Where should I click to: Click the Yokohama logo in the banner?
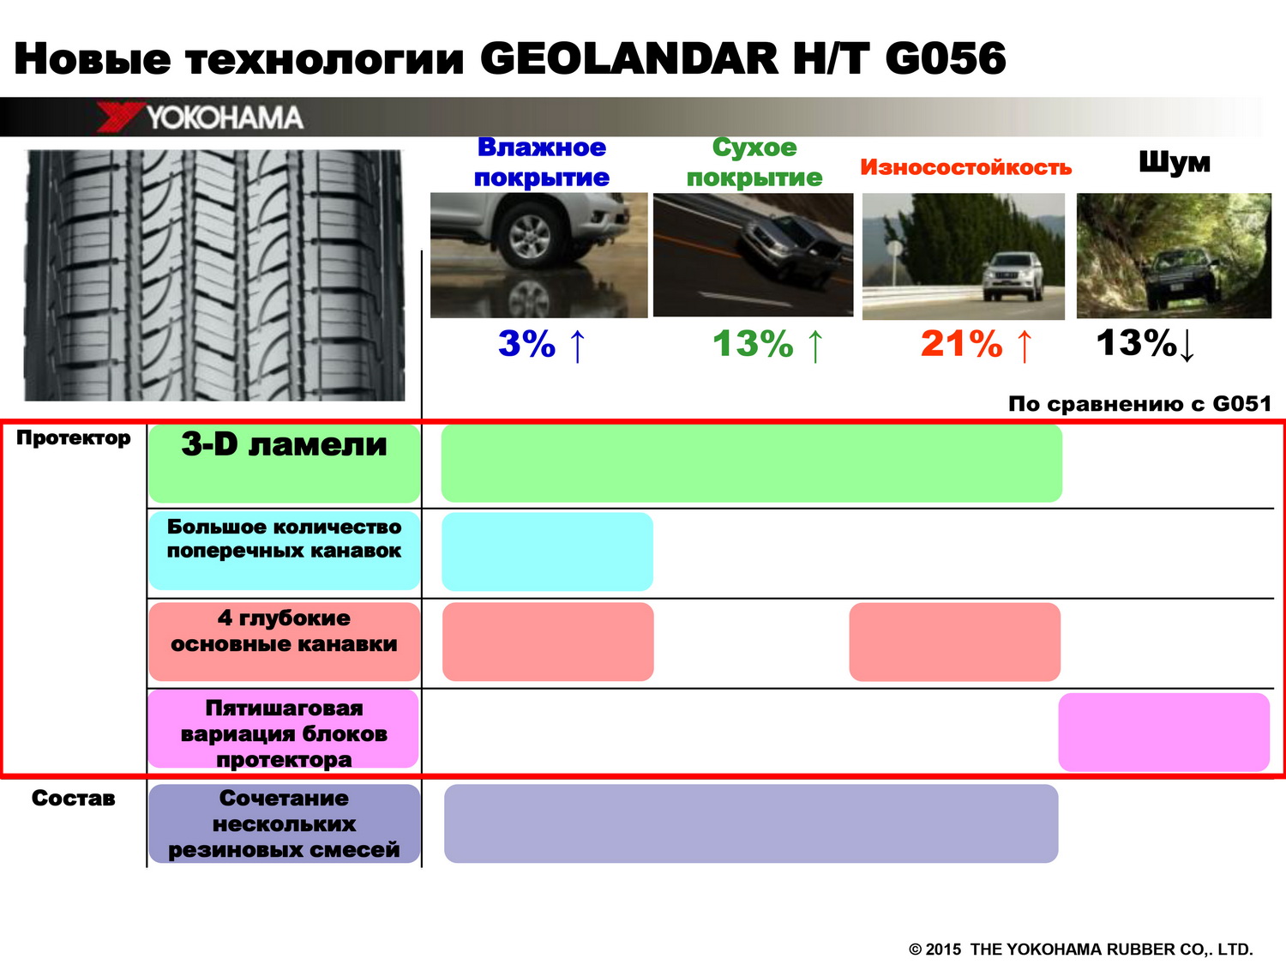tap(200, 117)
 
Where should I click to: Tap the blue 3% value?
tap(526, 343)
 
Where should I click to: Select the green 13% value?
tap(753, 343)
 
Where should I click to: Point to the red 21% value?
tap(961, 343)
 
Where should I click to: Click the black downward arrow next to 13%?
tap(1187, 347)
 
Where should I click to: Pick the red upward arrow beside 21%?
tap(1025, 346)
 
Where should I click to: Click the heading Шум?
tap(1174, 162)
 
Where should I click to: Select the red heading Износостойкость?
tap(965, 167)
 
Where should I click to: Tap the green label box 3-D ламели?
tap(284, 463)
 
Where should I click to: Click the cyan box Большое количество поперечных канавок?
tap(284, 550)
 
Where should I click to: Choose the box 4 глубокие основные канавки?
tap(284, 642)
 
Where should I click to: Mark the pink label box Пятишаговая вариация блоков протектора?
tap(284, 729)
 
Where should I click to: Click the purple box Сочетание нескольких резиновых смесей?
tap(284, 823)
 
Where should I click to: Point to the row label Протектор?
tap(73, 438)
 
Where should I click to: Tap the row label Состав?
tap(73, 798)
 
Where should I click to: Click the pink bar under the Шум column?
tap(1163, 732)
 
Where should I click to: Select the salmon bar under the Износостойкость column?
tap(954, 642)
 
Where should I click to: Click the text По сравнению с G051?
tap(1139, 404)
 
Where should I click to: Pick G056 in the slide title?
tap(945, 58)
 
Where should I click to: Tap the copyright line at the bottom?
tap(1080, 950)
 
